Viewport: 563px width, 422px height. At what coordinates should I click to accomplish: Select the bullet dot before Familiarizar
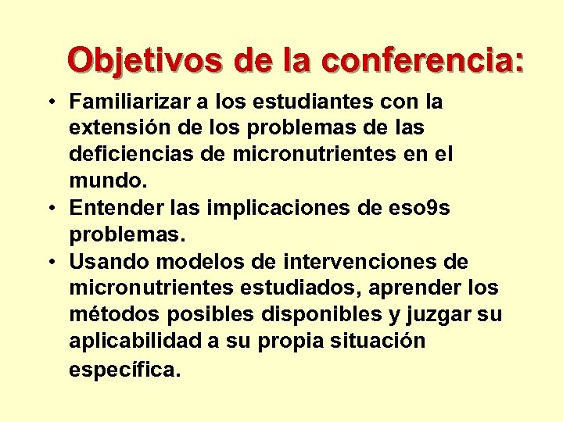49,102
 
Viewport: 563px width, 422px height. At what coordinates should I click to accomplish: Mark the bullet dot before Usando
49,262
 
